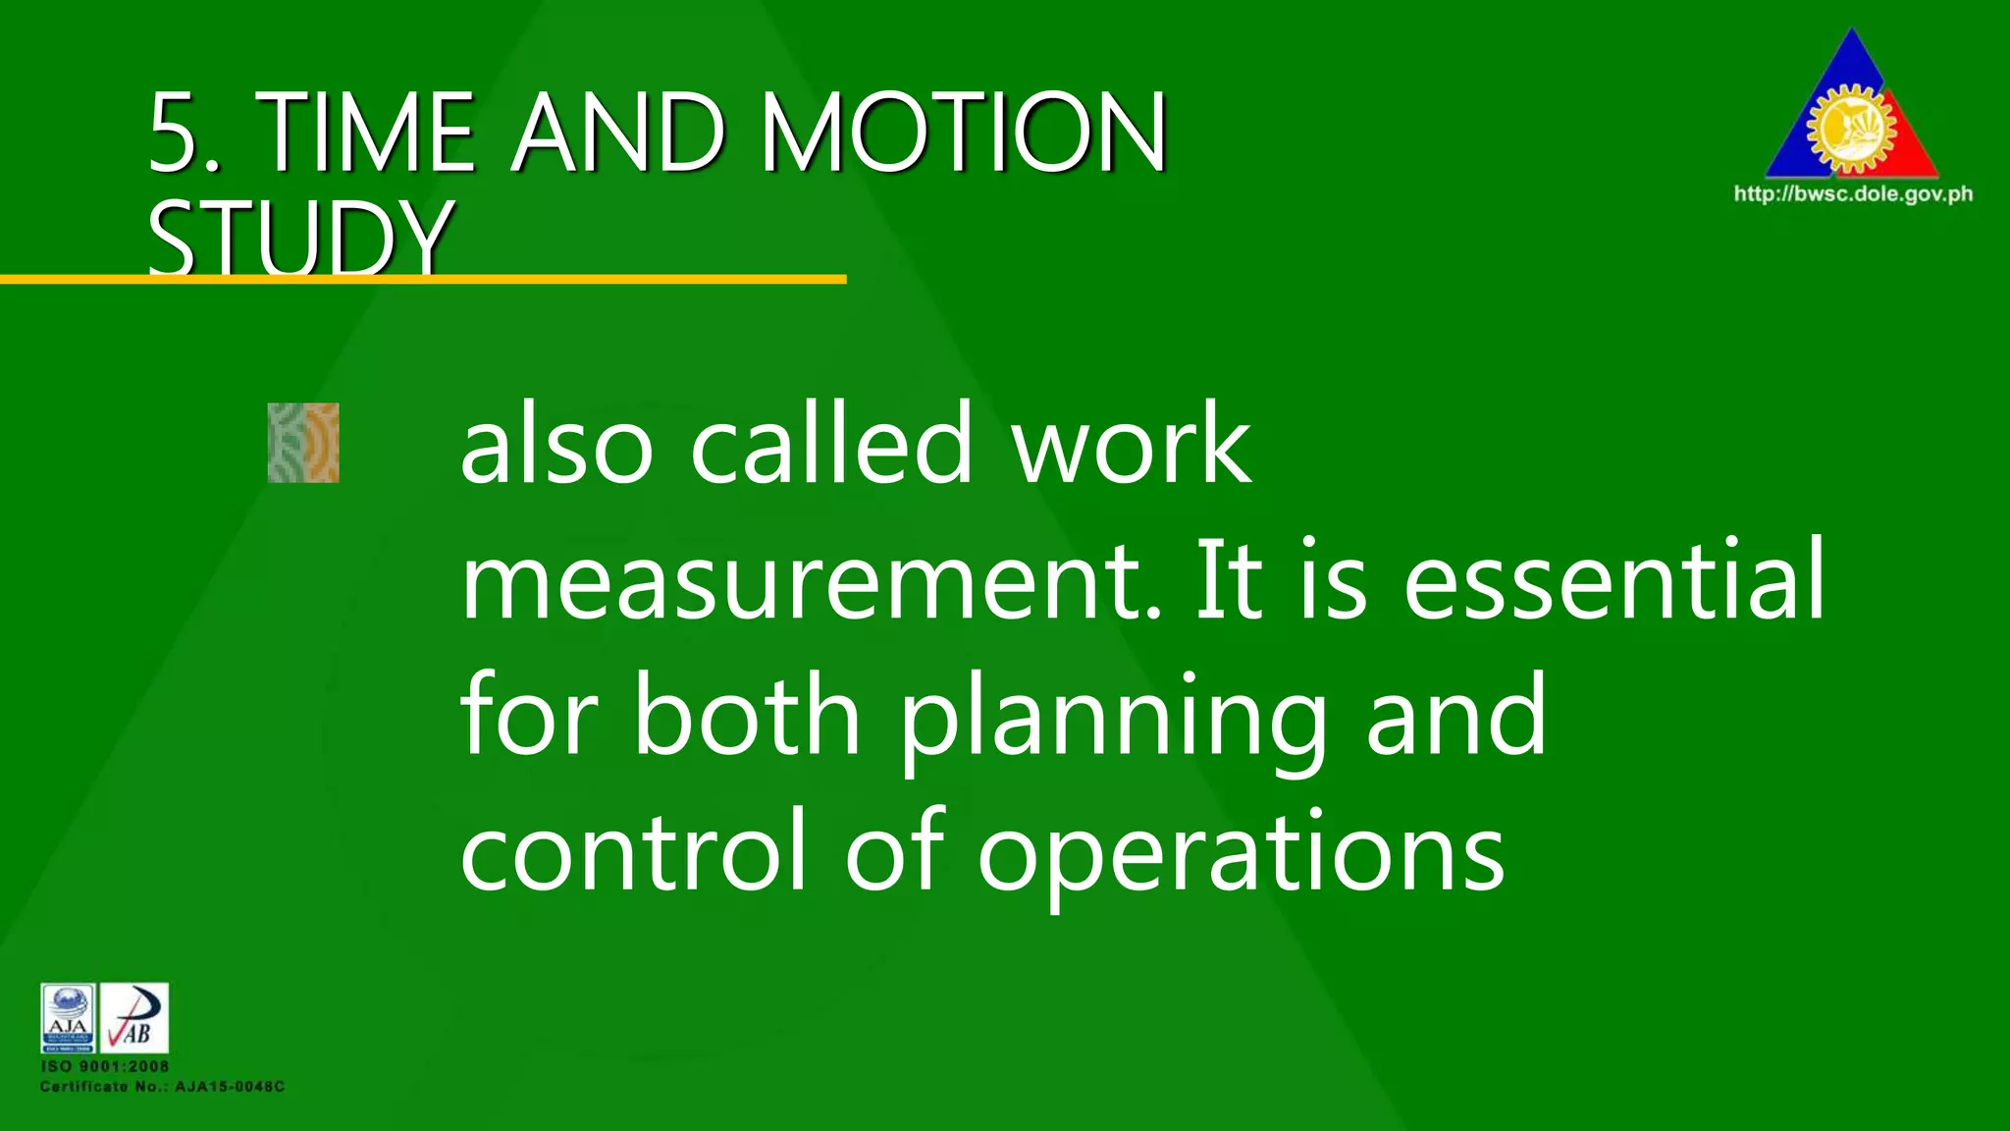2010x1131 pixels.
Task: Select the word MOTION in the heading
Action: pyautogui.click(x=964, y=133)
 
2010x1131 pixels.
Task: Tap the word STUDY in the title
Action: pyautogui.click(x=300, y=239)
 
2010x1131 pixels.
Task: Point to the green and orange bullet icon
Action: pyautogui.click(x=303, y=443)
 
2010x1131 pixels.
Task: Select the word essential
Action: pyautogui.click(x=1614, y=580)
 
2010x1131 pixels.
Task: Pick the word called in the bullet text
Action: pyautogui.click(x=832, y=445)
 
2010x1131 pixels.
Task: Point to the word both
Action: pyautogui.click(x=748, y=716)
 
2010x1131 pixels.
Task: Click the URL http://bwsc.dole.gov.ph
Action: pyautogui.click(x=1853, y=194)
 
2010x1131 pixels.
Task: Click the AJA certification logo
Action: pyautogui.click(x=69, y=1017)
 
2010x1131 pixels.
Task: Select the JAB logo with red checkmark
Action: pyautogui.click(x=134, y=1017)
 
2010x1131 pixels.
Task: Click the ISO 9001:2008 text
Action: pyautogui.click(x=105, y=1066)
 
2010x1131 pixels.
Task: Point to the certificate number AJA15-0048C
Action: pyautogui.click(x=230, y=1087)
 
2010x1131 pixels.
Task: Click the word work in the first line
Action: pyautogui.click(x=1132, y=445)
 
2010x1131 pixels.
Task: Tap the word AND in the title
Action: pyautogui.click(x=618, y=133)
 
